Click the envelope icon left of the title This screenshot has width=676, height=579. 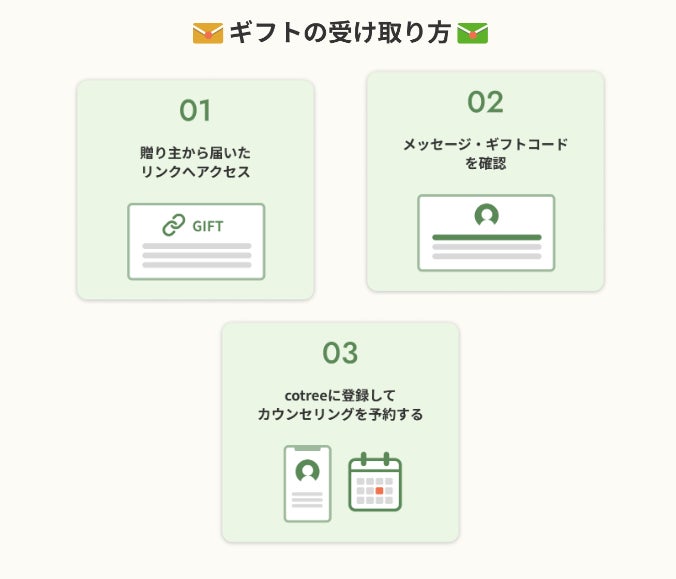tap(207, 33)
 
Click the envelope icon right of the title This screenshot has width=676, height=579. tap(472, 33)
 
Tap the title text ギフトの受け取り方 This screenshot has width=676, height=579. tap(339, 33)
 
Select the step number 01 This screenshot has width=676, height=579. tap(195, 110)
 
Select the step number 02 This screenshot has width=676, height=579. tap(485, 102)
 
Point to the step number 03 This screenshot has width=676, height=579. tap(340, 353)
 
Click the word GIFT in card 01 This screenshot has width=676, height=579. tap(208, 226)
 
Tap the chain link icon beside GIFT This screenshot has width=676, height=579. tap(174, 225)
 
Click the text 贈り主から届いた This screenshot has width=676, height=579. tap(195, 153)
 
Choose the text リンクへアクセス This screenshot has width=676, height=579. tap(195, 172)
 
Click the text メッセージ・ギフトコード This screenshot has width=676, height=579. tap(485, 144)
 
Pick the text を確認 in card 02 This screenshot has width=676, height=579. tap(485, 163)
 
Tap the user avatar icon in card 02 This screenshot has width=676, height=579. tap(486, 215)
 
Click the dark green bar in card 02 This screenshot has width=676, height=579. tap(486, 237)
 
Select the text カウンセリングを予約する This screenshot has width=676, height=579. tap(340, 414)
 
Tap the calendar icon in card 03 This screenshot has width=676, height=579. tap(375, 482)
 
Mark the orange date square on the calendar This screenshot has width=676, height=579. tap(379, 490)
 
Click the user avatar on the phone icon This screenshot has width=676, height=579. tap(308, 470)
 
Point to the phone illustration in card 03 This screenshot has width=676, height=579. tap(308, 484)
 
